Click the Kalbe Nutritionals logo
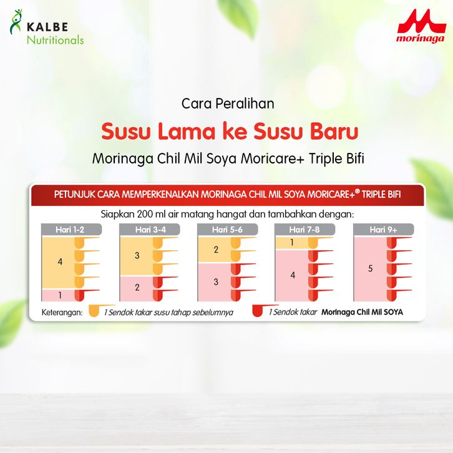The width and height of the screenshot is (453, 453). click(47, 27)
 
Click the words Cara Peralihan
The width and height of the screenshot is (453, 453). click(228, 104)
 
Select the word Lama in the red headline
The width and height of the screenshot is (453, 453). click(187, 132)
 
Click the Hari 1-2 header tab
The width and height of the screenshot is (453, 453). click(71, 230)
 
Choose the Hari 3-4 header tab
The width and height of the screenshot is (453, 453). click(150, 230)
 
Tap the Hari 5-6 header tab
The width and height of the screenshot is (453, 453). click(228, 230)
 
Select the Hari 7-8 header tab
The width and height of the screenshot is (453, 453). click(304, 230)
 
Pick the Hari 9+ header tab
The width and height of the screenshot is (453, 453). click(384, 230)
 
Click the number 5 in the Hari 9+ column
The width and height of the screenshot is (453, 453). click(371, 269)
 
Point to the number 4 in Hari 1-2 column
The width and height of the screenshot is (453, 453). click(60, 261)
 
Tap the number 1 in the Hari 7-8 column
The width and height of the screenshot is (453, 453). click(292, 243)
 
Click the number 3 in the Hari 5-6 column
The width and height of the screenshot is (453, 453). click(216, 282)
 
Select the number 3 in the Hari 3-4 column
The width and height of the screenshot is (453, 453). click(137, 255)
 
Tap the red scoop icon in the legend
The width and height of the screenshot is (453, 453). click(265, 310)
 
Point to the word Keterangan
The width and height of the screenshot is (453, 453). click(62, 313)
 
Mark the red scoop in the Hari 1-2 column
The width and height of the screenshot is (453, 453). click(87, 295)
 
